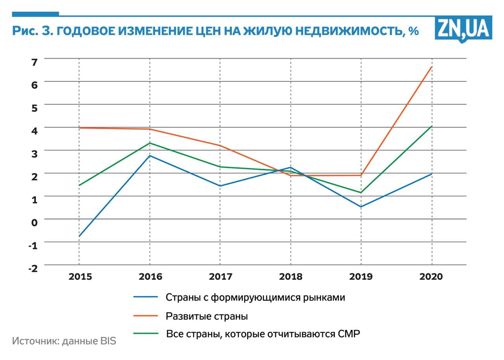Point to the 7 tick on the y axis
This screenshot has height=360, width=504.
click(34, 62)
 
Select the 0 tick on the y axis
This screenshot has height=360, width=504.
click(34, 222)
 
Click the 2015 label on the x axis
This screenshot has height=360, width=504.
click(80, 277)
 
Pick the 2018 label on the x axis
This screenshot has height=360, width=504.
click(291, 277)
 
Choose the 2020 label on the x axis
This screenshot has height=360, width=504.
click(431, 277)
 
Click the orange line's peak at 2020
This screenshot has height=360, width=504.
click(432, 67)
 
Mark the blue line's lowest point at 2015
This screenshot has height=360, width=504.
click(79, 236)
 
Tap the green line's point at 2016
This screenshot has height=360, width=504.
click(150, 143)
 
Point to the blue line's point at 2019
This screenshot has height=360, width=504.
click(361, 207)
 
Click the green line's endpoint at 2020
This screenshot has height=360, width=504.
click(432, 126)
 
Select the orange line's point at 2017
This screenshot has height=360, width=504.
click(220, 146)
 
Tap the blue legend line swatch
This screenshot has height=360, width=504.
click(146, 297)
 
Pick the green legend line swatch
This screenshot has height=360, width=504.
click(146, 334)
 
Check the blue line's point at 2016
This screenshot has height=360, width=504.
click(150, 156)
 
